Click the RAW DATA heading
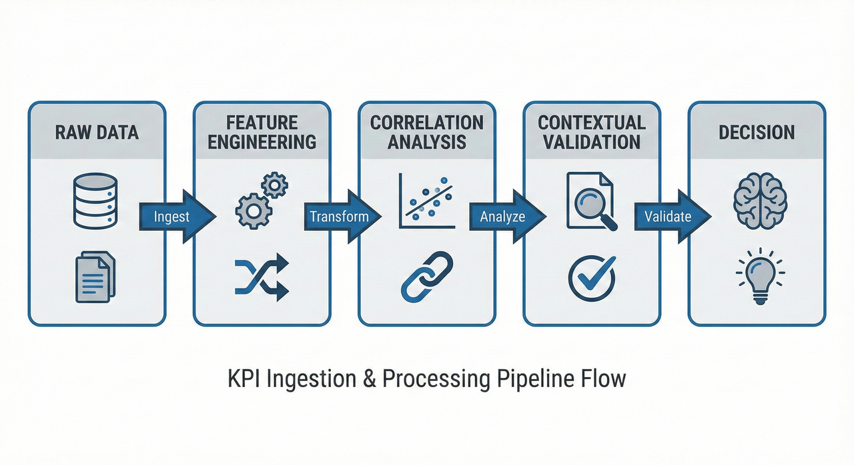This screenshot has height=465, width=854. point(96,132)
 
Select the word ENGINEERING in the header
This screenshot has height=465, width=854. point(262,141)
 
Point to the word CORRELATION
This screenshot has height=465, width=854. point(427,123)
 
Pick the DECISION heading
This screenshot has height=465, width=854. point(757,132)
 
